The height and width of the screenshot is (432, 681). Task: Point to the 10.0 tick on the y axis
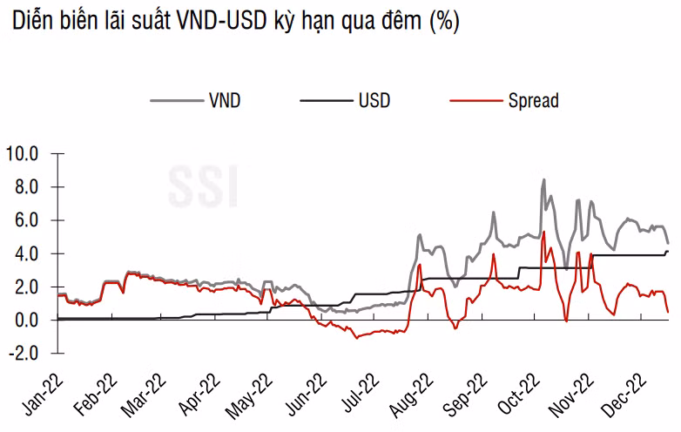click(23, 154)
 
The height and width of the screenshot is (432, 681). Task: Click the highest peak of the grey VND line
click(543, 180)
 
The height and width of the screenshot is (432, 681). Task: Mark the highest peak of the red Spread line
click(543, 232)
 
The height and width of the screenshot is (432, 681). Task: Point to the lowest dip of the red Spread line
click(356, 337)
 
